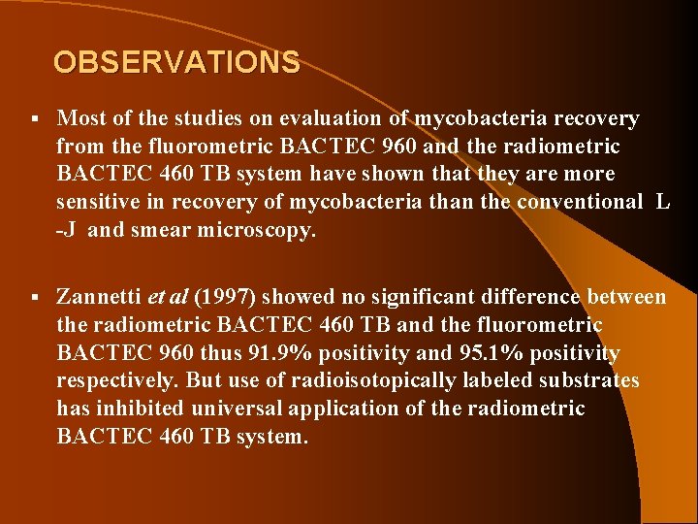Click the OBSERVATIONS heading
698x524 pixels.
point(176,63)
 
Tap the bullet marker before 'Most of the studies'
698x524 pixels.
point(34,119)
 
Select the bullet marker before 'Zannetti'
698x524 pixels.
point(34,297)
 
